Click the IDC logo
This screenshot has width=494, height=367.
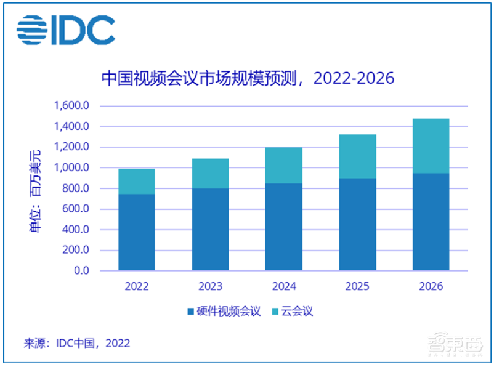click(x=66, y=28)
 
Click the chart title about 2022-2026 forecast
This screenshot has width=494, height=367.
click(x=247, y=79)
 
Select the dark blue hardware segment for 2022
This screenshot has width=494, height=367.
click(x=137, y=232)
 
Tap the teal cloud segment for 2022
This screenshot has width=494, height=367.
click(x=137, y=181)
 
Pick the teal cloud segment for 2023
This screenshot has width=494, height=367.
click(x=210, y=174)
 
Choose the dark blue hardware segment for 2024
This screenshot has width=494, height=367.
click(x=284, y=227)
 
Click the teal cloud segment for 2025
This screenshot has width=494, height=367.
click(x=357, y=156)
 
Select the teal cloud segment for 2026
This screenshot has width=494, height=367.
click(x=431, y=146)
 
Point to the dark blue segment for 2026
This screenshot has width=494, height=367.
click(x=431, y=222)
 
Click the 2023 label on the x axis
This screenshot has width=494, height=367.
click(x=210, y=286)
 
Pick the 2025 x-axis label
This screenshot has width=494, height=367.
click(x=357, y=286)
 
